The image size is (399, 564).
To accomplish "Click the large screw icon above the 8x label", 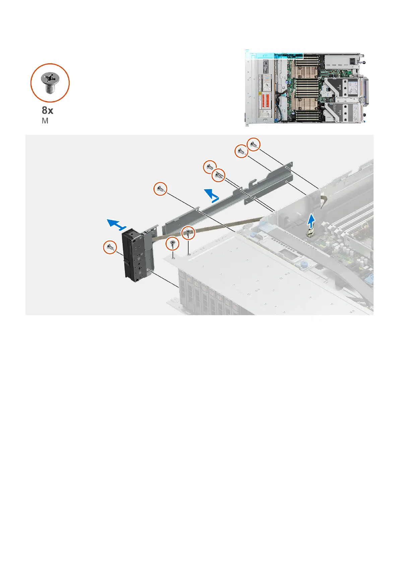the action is (50, 83).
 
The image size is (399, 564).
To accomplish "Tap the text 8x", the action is (47, 110).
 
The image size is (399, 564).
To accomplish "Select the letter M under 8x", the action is (45, 121).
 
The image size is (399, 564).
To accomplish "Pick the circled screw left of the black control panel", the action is (110, 248).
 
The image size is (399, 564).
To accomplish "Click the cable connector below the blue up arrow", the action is (310, 233).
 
